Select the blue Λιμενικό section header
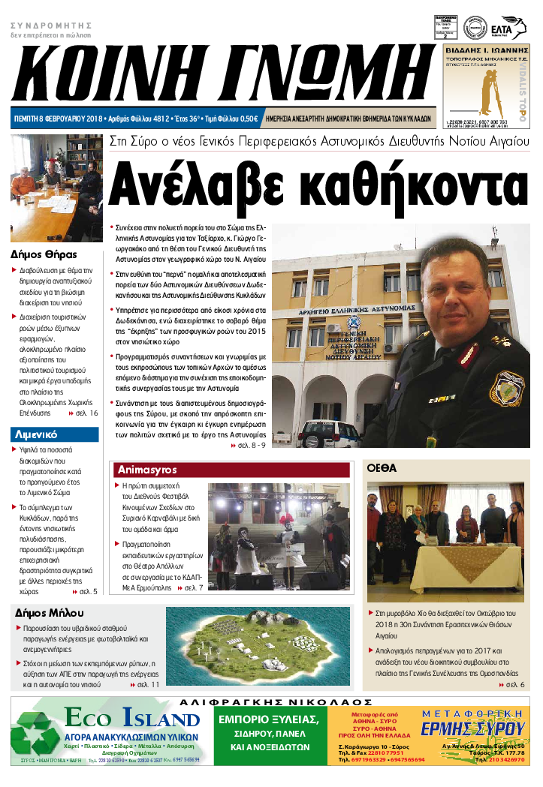coord(55,434)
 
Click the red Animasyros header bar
coord(231,470)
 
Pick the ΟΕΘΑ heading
coord(382,468)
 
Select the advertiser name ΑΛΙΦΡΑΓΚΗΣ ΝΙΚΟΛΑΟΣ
coord(272,701)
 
